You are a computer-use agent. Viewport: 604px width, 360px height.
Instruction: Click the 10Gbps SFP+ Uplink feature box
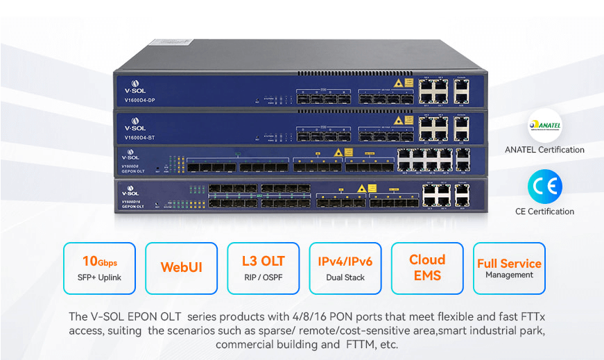point(99,268)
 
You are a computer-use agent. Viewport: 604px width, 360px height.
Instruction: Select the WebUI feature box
point(181,268)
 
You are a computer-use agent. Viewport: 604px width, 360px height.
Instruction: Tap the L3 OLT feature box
point(263,268)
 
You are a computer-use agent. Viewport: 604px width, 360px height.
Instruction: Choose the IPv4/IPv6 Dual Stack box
point(345,268)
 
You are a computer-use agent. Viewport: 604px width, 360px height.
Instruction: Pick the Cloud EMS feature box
point(427,268)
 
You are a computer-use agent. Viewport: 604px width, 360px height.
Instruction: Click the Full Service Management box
point(509,268)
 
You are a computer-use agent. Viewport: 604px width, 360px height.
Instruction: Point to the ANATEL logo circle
point(544,126)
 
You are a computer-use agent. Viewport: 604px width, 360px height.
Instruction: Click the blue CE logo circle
point(544,187)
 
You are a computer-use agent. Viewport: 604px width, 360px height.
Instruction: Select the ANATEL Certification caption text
point(544,150)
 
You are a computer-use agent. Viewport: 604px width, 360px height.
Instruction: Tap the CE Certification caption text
point(544,212)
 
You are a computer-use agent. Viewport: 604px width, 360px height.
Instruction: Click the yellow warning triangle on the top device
point(399,83)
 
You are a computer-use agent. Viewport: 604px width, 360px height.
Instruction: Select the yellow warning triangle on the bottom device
point(362,187)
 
